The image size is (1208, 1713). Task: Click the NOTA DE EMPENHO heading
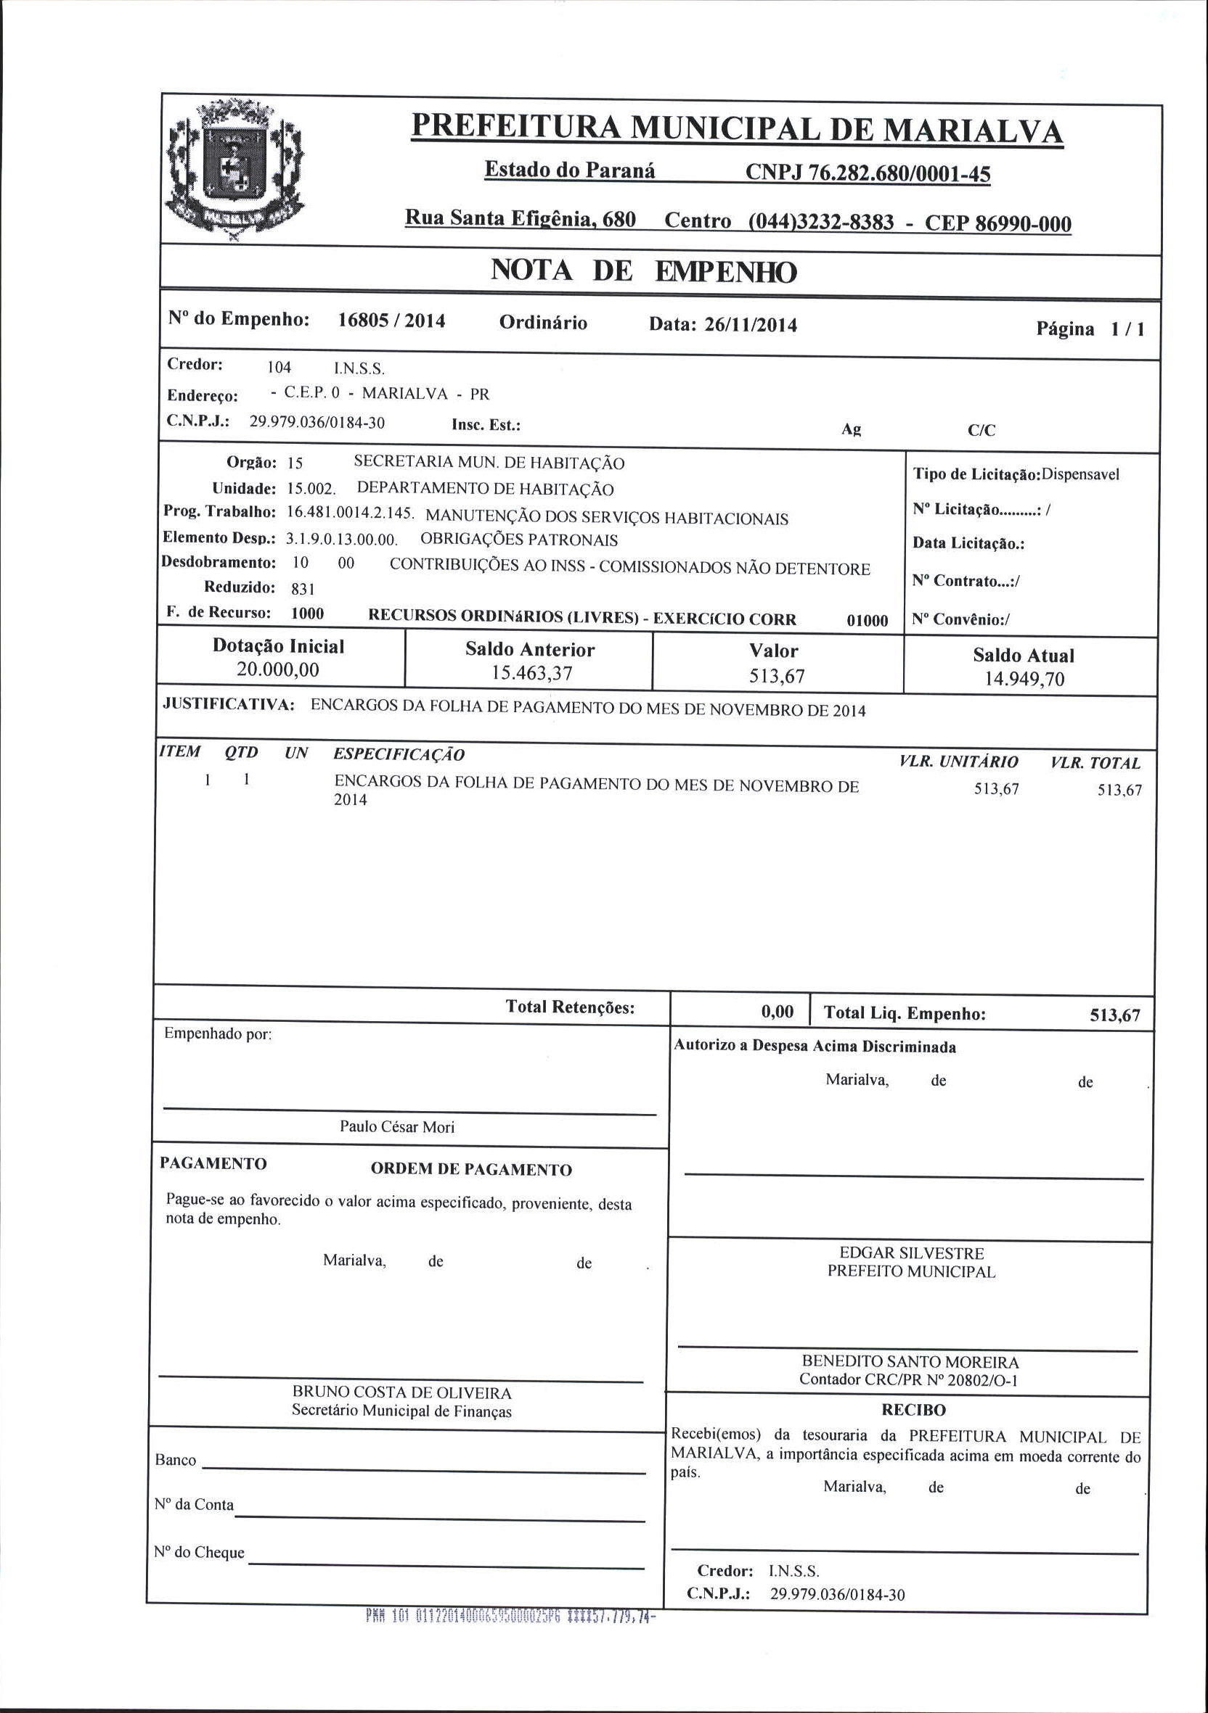click(x=644, y=271)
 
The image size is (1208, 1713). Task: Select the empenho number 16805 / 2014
click(x=391, y=321)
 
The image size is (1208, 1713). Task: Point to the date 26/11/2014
click(x=751, y=325)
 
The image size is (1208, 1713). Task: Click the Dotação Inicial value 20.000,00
click(x=278, y=669)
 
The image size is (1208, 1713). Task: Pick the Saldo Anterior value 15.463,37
click(x=531, y=673)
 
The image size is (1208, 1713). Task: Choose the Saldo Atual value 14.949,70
click(x=1024, y=679)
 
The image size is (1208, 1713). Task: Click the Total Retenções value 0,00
click(x=778, y=1012)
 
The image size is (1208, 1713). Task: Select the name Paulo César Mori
click(x=396, y=1126)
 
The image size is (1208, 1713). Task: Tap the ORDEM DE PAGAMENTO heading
click(x=471, y=1169)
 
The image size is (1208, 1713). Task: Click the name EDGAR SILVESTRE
click(x=912, y=1252)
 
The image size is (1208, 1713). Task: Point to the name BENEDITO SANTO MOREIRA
click(x=910, y=1361)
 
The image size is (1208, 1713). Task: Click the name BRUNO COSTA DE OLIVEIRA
click(x=401, y=1392)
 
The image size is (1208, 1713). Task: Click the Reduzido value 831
click(x=303, y=589)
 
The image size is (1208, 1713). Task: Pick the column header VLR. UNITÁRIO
click(x=959, y=761)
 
